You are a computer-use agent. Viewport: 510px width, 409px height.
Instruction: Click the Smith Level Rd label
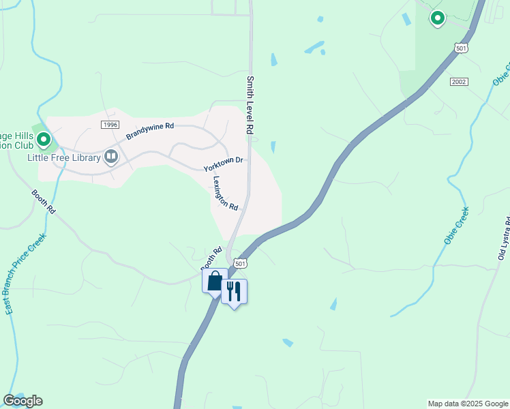point(250,105)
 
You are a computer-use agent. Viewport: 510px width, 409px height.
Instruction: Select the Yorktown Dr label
point(223,164)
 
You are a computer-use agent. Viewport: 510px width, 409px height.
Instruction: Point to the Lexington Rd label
point(224,194)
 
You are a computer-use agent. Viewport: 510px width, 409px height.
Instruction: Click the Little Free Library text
point(63,157)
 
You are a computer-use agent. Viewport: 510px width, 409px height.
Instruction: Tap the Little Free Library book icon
point(110,157)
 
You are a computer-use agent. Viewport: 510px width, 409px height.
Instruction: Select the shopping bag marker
point(215,281)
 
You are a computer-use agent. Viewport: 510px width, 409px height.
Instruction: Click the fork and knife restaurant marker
point(234,291)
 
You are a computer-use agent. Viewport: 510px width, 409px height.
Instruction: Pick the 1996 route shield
point(110,124)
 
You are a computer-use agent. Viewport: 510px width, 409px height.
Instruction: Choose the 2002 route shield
point(459,81)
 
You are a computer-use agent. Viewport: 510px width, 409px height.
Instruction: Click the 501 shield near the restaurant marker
point(239,263)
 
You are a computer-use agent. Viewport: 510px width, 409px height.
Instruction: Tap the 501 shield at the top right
point(461,47)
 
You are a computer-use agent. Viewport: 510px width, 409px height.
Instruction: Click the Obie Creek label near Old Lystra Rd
point(456,226)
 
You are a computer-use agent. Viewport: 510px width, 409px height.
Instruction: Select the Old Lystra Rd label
point(505,239)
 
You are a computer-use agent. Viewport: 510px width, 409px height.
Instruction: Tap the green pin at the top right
point(437,18)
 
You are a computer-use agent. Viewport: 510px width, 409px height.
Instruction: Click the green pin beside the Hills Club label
point(44,140)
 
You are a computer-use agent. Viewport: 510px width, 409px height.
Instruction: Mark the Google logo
point(22,401)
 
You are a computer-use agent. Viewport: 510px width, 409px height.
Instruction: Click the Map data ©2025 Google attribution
point(467,404)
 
